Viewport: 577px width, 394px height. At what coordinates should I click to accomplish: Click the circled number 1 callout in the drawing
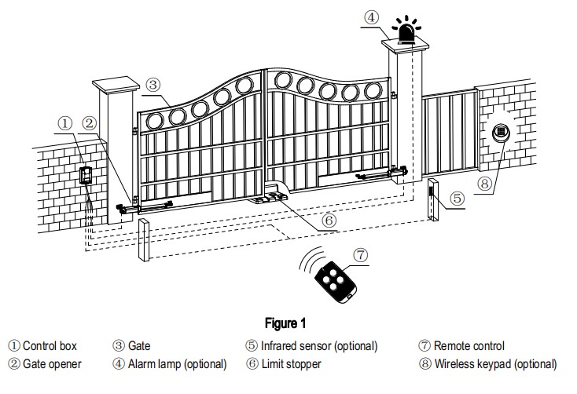tap(65, 123)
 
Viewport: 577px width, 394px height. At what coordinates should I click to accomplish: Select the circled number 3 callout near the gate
tap(153, 84)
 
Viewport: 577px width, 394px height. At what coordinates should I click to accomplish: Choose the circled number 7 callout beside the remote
tap(360, 256)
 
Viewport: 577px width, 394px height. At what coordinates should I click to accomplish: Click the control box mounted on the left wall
tap(85, 173)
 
